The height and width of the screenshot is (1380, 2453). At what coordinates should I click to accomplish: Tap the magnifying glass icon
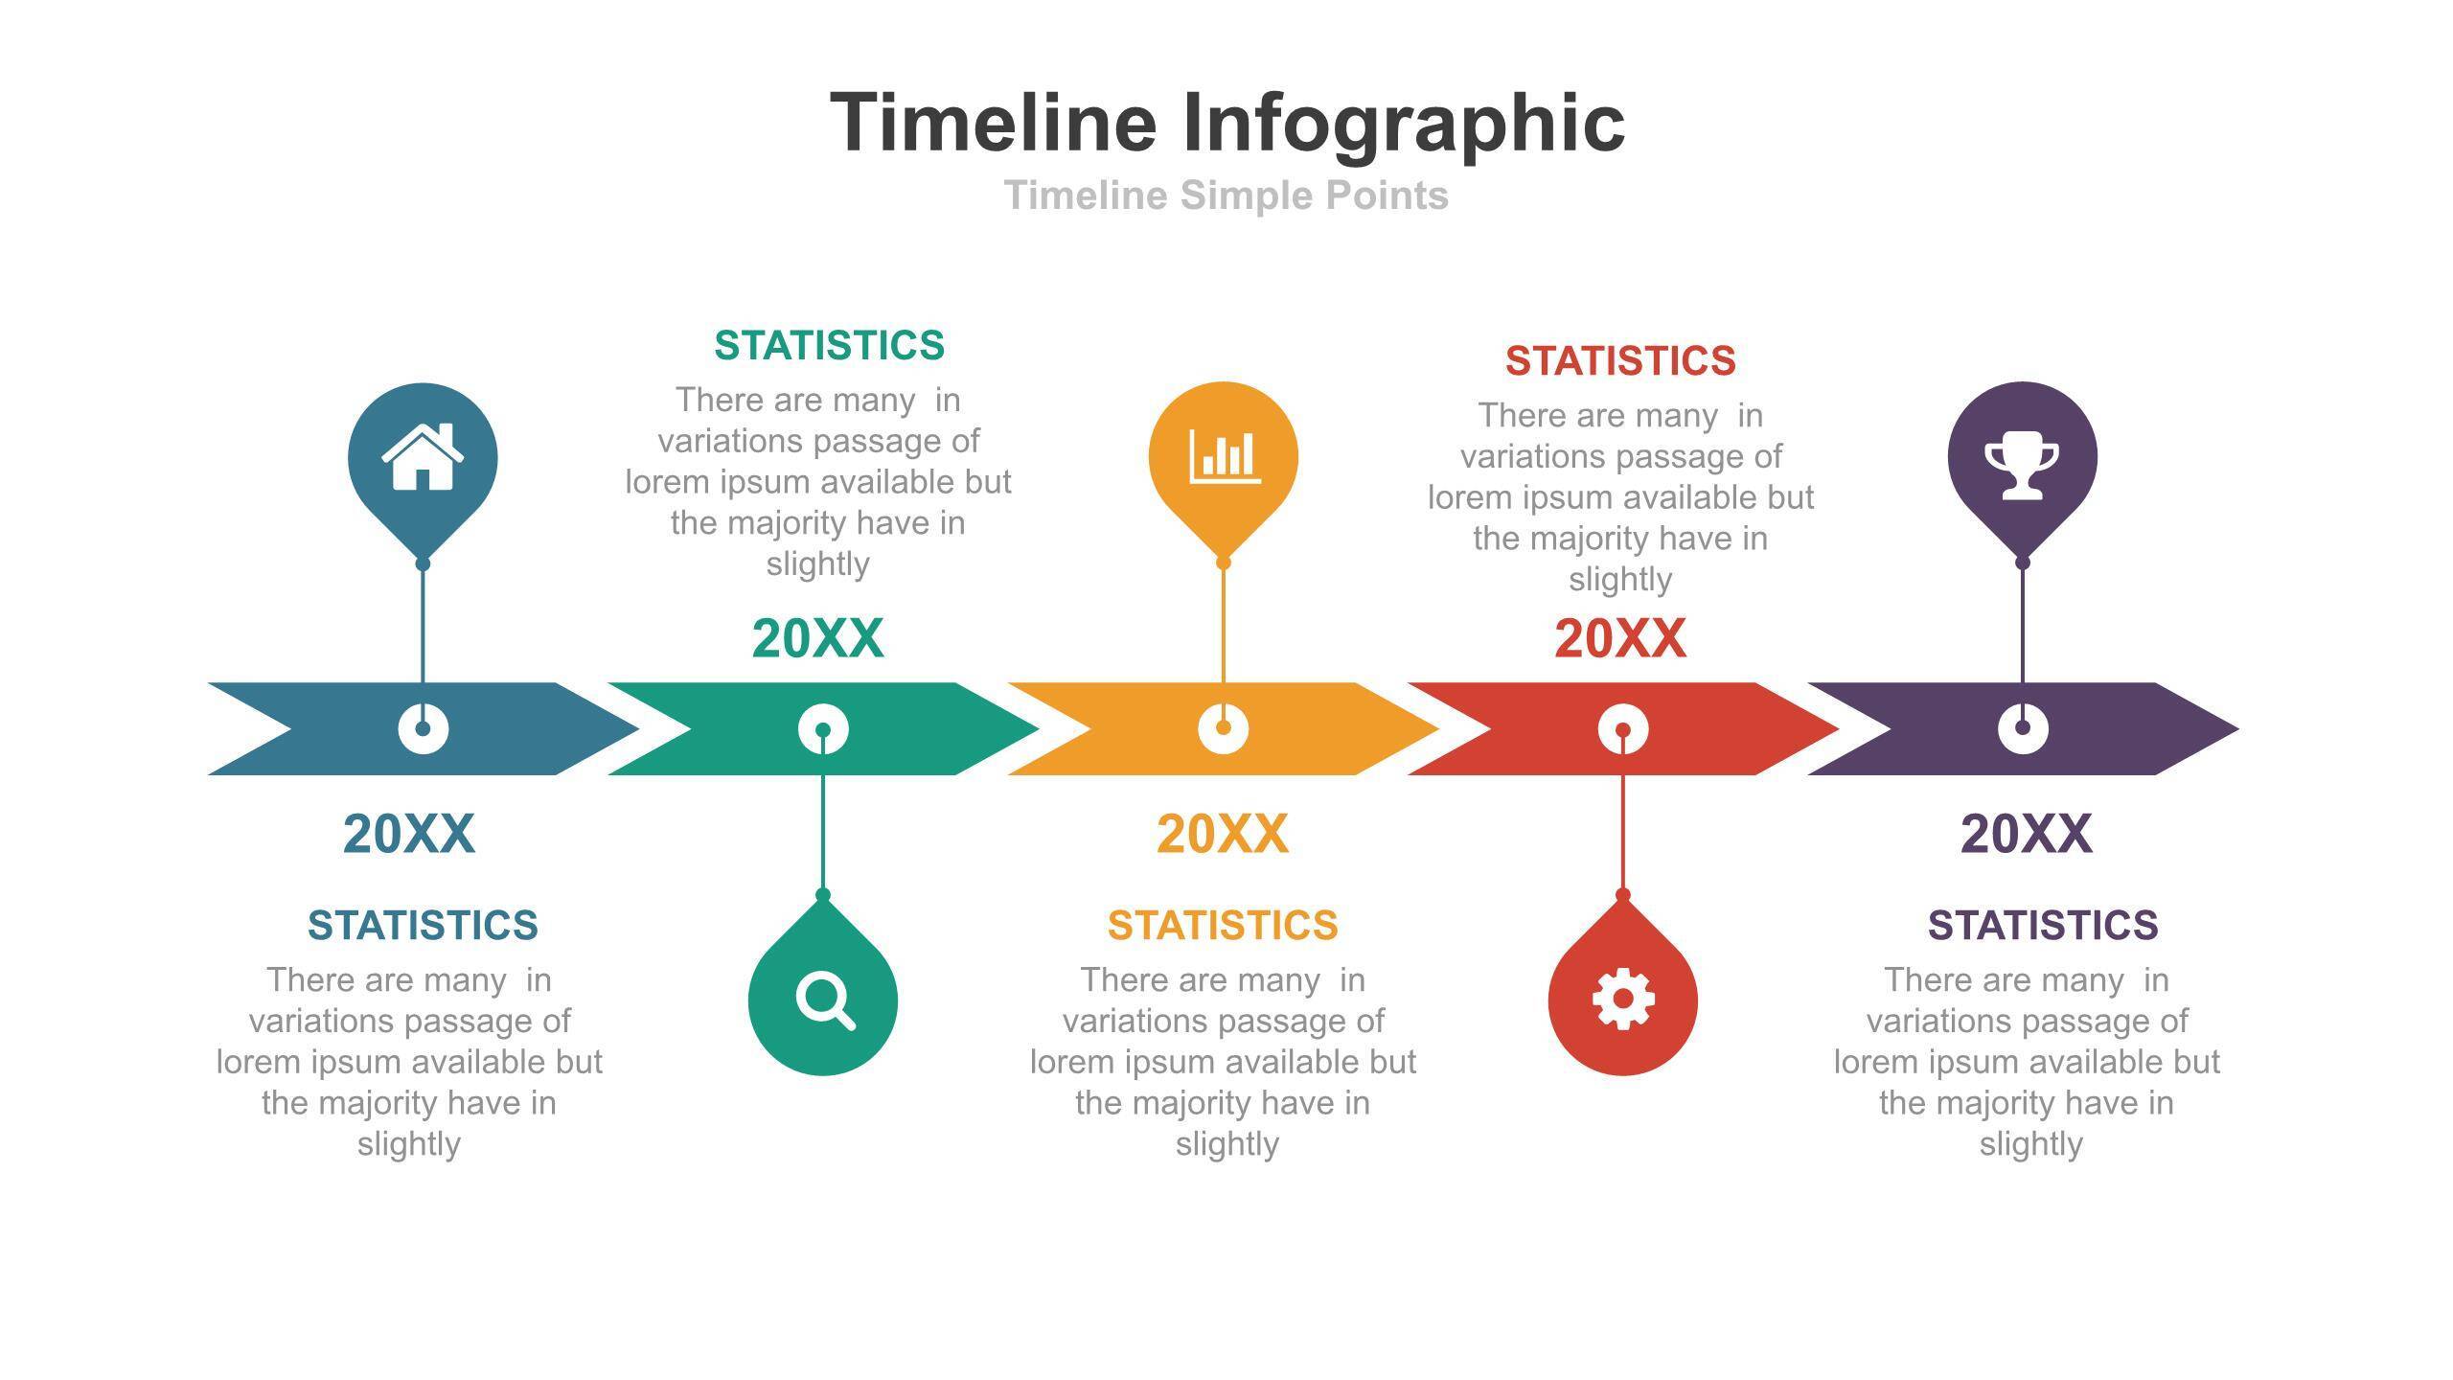tap(824, 1000)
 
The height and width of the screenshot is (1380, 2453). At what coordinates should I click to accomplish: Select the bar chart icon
tap(1225, 456)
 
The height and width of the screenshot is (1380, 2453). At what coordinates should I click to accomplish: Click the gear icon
tap(1622, 999)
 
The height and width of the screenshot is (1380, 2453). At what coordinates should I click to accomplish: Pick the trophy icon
tap(2022, 469)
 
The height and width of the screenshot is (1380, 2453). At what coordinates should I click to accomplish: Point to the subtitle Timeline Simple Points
tap(1226, 195)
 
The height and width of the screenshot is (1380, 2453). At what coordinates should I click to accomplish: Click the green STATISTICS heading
tap(829, 345)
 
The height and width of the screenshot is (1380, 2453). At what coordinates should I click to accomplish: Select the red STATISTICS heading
tap(1620, 361)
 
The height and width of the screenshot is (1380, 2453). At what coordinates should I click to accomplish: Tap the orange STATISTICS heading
tap(1223, 926)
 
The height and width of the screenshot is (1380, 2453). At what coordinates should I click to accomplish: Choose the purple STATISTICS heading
tap(2043, 926)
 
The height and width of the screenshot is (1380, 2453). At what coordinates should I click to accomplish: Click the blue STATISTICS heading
tap(423, 926)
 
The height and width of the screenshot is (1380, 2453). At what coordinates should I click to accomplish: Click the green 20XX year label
tap(817, 638)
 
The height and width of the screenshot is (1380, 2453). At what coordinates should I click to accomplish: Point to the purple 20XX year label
tap(2026, 834)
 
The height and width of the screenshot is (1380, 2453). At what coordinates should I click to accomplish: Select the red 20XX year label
tap(1619, 638)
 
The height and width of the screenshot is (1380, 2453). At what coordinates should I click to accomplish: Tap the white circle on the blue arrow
tap(423, 729)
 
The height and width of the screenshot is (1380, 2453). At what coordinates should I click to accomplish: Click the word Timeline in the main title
tap(993, 122)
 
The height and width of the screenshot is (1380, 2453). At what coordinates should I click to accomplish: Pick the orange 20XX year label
tap(1222, 834)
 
